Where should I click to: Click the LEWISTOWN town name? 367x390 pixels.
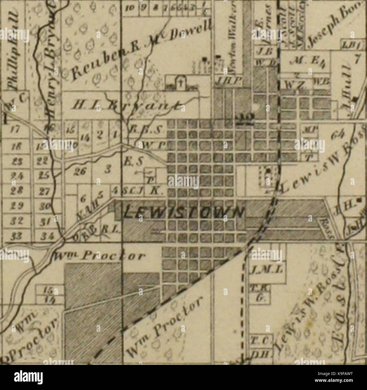point(183,211)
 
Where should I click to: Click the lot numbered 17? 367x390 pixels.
point(14,130)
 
